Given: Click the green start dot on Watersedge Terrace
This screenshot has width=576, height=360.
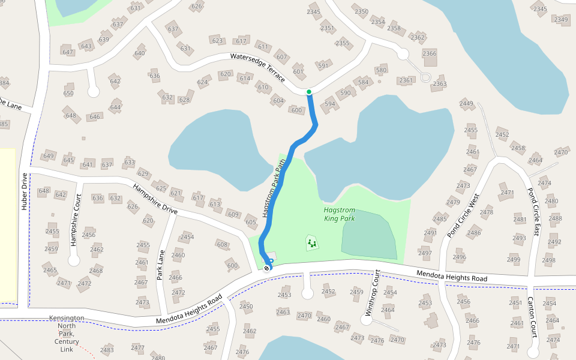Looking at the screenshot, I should tap(309, 92).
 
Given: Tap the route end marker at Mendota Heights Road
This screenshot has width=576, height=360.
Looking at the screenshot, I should tap(267, 268).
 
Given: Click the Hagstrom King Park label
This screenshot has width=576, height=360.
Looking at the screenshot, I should tap(340, 214).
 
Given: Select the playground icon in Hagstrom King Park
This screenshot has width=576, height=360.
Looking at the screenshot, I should tap(311, 243).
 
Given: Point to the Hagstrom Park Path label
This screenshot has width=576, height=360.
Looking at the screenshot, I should tap(274, 190).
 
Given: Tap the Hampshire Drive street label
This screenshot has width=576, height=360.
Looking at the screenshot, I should tap(155, 200).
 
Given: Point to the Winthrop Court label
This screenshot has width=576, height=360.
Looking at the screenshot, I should tap(373, 293).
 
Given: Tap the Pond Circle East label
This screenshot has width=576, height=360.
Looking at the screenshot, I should tap(533, 211).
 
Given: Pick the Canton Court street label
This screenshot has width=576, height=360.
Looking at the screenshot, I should tap(532, 317).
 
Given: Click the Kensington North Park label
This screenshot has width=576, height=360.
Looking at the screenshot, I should tap(67, 334).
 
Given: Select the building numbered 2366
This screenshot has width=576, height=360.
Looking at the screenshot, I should tap(430, 54).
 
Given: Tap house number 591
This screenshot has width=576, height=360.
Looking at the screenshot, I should tap(323, 66).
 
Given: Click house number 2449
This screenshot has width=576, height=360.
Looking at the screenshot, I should tap(467, 104).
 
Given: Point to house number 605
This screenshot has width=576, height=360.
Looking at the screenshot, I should tap(251, 223).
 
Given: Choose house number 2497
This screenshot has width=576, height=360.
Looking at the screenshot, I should tap(425, 253).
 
